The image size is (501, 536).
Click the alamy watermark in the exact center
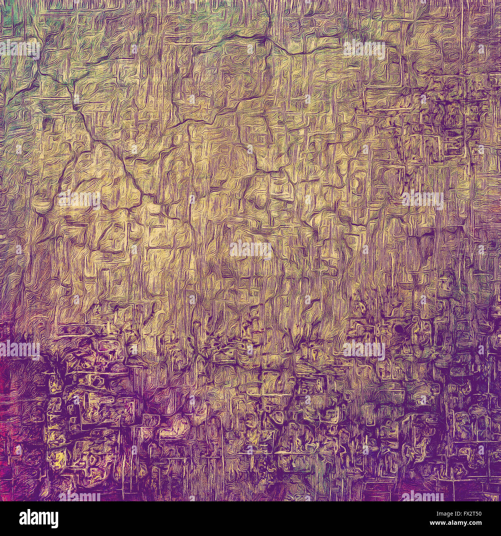[250, 250]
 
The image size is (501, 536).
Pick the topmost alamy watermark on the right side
[364, 49]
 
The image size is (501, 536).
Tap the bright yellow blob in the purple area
[59, 459]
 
